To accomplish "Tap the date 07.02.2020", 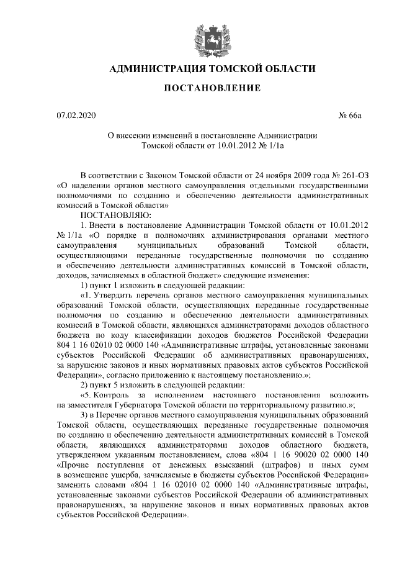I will point(73,116).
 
